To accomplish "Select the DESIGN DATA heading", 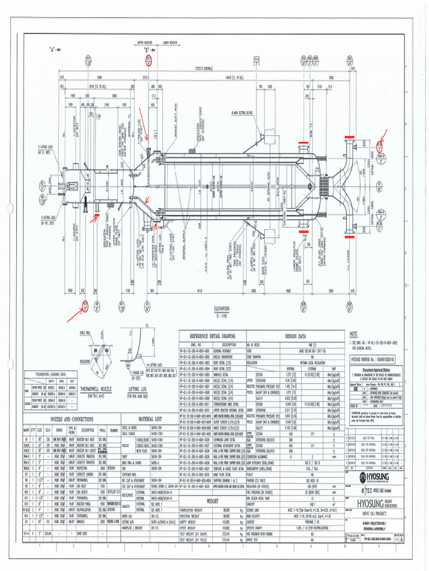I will [296, 337].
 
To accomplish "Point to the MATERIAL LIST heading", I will [150, 419].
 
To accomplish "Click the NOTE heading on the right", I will [353, 333].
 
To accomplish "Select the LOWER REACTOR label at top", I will [170, 42].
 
